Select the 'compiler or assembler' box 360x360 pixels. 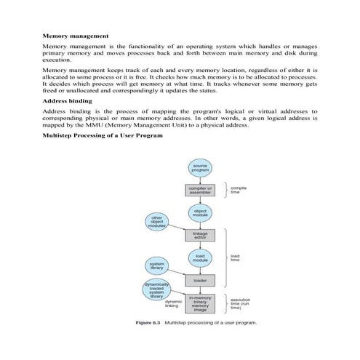tap(200, 191)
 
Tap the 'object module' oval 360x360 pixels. tap(200, 212)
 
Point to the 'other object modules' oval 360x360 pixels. tap(156, 222)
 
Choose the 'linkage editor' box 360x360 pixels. tap(200, 235)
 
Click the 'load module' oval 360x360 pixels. tap(200, 257)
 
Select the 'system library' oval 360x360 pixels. tap(156, 266)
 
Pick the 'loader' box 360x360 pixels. tap(200, 280)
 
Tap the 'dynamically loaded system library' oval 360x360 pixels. tap(156, 289)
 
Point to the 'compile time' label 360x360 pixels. tap(239, 190)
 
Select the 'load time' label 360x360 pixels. tap(236, 257)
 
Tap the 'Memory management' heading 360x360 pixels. tap(76, 35)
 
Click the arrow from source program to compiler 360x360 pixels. tap(200, 180)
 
